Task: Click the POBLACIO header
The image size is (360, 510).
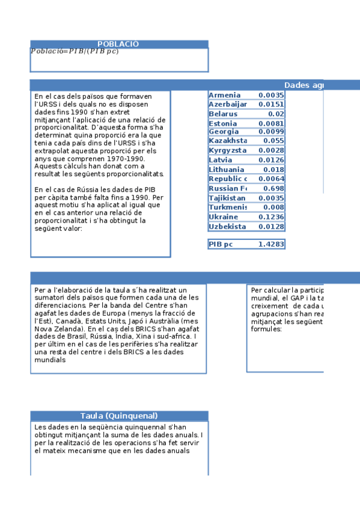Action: point(118,44)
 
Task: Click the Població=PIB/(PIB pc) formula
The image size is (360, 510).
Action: point(75,51)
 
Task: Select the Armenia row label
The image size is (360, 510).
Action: point(224,95)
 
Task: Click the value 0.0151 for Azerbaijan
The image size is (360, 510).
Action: point(271,105)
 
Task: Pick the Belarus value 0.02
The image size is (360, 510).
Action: point(276,114)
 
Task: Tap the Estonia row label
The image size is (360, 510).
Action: point(223,123)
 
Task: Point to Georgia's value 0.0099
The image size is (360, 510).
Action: point(271,132)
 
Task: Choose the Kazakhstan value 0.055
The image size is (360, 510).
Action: point(273,140)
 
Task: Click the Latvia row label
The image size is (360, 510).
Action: point(220,160)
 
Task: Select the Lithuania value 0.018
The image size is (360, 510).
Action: point(273,170)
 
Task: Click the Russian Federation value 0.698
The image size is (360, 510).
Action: point(273,188)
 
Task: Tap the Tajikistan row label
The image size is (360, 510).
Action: point(227,198)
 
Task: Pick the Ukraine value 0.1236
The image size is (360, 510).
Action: point(271,217)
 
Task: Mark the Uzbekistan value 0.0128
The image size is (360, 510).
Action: point(271,226)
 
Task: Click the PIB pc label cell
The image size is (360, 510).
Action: point(221,244)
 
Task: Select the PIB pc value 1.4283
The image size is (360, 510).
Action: point(271,244)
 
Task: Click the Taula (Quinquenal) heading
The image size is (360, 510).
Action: point(119,416)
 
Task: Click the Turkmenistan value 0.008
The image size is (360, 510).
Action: point(273,207)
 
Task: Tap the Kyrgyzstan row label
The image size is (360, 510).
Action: point(227,150)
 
